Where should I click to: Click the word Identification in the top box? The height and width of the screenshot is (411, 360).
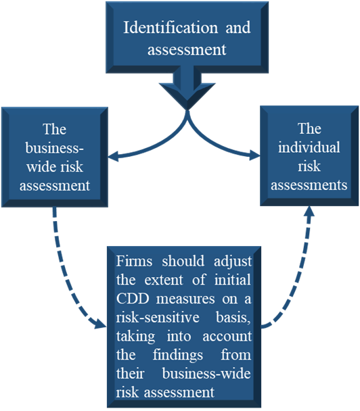[171, 28]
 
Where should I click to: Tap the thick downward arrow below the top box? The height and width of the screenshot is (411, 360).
[187, 88]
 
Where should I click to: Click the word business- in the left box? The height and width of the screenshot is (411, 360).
[55, 148]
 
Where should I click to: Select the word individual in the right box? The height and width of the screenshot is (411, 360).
[309, 147]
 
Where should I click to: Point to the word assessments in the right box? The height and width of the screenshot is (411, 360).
[309, 185]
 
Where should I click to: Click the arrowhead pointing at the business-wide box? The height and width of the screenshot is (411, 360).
[114, 157]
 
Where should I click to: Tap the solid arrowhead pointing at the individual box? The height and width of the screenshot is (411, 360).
[254, 155]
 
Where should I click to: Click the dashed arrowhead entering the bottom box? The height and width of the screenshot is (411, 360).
[101, 323]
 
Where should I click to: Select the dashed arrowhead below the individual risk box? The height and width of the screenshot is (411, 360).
[309, 212]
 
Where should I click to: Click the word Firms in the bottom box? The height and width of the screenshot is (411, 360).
[134, 261]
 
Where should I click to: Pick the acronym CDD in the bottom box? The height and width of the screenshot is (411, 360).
[133, 299]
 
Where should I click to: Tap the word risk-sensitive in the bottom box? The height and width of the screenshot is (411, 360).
[158, 318]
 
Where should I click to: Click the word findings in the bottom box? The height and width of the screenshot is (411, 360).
[178, 356]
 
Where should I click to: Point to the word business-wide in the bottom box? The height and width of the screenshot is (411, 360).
[206, 374]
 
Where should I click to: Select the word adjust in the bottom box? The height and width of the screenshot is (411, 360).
[233, 262]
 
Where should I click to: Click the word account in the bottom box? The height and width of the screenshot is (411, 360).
[227, 337]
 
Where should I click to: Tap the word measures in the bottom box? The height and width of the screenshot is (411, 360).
[185, 299]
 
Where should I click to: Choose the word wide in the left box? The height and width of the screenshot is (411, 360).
[39, 167]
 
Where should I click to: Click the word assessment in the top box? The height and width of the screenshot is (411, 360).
[187, 50]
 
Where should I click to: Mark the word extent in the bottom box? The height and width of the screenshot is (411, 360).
[164, 281]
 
